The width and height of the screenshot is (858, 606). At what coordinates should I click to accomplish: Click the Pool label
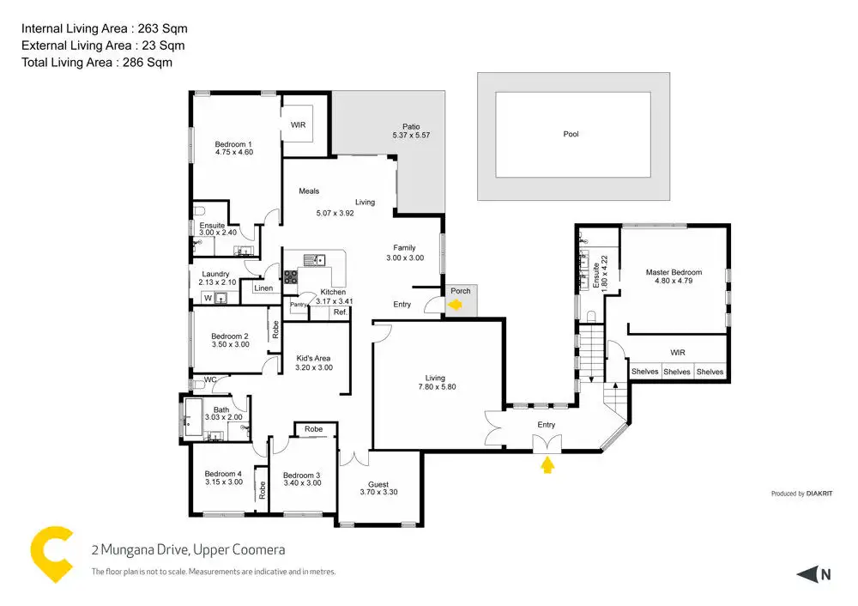(x=571, y=134)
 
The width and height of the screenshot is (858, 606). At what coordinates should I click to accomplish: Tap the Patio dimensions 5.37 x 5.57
(x=411, y=136)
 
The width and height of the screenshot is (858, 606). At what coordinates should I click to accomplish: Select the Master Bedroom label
(x=674, y=272)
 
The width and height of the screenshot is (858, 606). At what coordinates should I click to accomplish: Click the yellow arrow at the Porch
(x=455, y=305)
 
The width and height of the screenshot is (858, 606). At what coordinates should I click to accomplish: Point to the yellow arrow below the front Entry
(x=547, y=464)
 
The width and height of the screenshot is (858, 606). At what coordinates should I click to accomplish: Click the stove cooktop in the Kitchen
(x=291, y=277)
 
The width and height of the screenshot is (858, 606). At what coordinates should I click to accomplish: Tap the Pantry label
(x=299, y=305)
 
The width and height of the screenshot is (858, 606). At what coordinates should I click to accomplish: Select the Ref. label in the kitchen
(x=340, y=312)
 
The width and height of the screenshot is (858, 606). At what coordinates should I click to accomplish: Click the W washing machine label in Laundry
(x=208, y=299)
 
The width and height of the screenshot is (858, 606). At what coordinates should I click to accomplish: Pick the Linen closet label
(x=263, y=288)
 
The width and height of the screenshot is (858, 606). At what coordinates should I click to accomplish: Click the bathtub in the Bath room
(x=193, y=418)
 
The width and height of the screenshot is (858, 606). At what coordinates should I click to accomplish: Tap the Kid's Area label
(x=313, y=358)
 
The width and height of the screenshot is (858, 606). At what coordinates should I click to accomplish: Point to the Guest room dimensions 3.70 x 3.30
(x=378, y=492)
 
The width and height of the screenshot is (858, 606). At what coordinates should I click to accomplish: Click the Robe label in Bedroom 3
(x=313, y=429)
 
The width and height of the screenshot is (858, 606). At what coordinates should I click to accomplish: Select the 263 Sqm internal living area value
(x=162, y=28)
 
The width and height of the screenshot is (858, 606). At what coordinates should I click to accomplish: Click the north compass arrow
(x=807, y=574)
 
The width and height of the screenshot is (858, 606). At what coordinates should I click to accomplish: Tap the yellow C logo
(x=51, y=554)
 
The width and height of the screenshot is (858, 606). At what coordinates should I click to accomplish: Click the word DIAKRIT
(x=819, y=494)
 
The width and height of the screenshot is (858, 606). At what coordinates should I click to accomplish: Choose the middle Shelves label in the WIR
(x=677, y=372)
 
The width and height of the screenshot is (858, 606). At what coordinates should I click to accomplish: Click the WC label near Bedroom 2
(x=210, y=379)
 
